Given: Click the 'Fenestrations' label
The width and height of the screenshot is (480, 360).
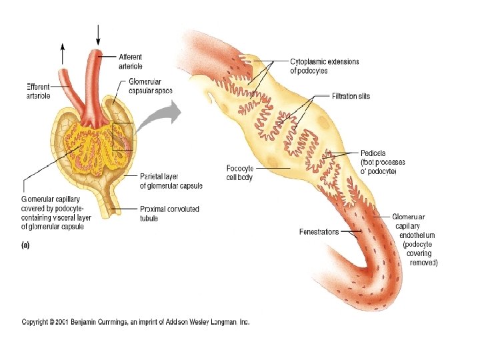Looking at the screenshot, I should point(319,232).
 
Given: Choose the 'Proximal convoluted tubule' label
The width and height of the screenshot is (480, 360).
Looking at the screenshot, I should point(169,213).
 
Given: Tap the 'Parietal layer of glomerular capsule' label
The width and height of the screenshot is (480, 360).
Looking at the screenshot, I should point(171,181).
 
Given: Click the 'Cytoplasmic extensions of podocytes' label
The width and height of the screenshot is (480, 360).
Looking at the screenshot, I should point(324,66).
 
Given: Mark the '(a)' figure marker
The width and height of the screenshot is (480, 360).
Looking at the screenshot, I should point(26,244).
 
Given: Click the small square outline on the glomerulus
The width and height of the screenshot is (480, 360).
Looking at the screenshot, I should point(123,137).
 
